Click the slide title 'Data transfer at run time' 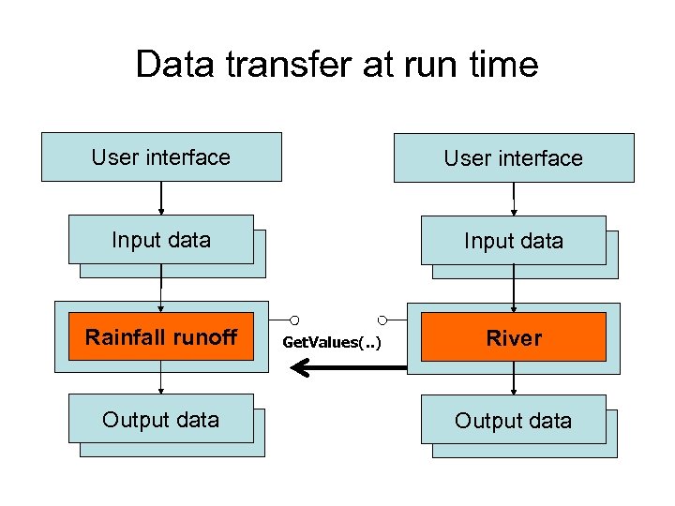point(337,65)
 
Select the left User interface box point(160,156)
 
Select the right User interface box point(513,158)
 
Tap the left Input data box point(160,240)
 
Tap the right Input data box point(513,241)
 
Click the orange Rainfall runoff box point(160,336)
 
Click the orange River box point(513,338)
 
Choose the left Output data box point(160,419)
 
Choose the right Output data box point(513,421)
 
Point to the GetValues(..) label point(332,342)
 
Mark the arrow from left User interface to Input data point(161,198)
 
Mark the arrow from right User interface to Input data point(514,199)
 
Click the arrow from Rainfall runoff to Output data point(161,378)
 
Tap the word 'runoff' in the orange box point(204,336)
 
